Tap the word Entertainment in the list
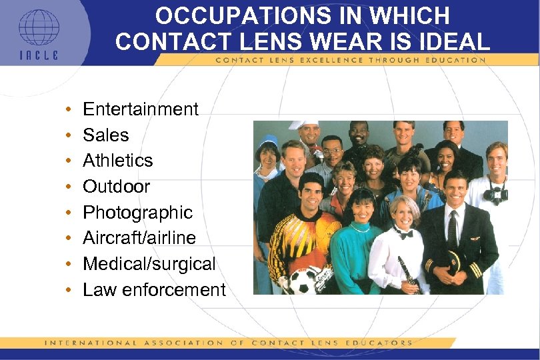[141, 109]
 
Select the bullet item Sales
[106, 135]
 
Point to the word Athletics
[118, 161]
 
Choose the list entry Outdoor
[117, 187]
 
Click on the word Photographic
[137, 213]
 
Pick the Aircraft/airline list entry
[139, 238]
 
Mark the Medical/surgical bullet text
[149, 264]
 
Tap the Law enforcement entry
[154, 290]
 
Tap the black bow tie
[403, 233]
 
